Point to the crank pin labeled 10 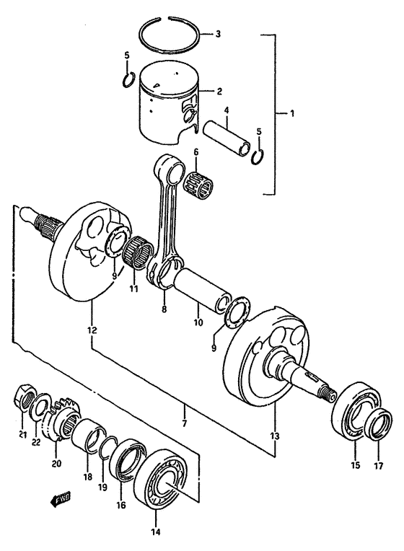198,288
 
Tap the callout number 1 291,113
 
